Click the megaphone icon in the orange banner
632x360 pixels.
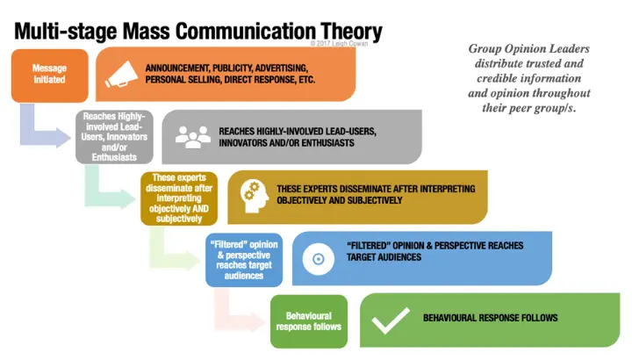pyautogui.click(x=121, y=74)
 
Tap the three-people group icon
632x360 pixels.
pyautogui.click(x=192, y=137)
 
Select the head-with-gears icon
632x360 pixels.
pyautogui.click(x=255, y=196)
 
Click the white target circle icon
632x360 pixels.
pyautogui.click(x=319, y=259)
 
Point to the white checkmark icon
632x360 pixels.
pyautogui.click(x=391, y=320)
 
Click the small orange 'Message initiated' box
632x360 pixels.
pyautogui.click(x=49, y=76)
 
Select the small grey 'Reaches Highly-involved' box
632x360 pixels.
pyautogui.click(x=114, y=137)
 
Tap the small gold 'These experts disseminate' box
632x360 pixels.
pyautogui.click(x=179, y=198)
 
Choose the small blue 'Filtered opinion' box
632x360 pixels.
pyautogui.click(x=244, y=260)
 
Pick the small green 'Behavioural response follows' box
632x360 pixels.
pyautogui.click(x=309, y=321)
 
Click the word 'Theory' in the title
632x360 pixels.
pyautogui.click(x=351, y=32)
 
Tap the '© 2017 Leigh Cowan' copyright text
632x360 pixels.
pyautogui.click(x=339, y=44)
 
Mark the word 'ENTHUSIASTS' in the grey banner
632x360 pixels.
pyautogui.click(x=327, y=143)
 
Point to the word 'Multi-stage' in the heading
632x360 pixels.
pyautogui.click(x=65, y=32)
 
